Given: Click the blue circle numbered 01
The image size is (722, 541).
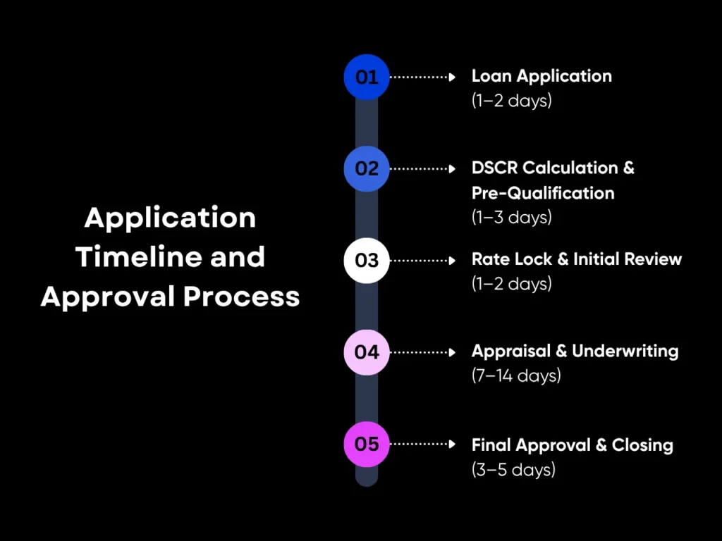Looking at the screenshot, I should tap(367, 77).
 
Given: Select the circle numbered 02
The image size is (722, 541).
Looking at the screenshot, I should tap(367, 168).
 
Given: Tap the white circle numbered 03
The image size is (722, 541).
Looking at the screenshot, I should tap(367, 260).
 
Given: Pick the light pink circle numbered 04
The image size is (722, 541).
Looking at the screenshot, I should tap(367, 352).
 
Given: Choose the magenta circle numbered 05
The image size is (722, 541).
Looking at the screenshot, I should tap(367, 444).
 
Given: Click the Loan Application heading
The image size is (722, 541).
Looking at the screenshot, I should tap(541, 76).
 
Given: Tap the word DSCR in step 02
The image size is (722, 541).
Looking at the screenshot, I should tap(494, 168).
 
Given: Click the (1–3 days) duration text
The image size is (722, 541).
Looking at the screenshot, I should tap(511, 217).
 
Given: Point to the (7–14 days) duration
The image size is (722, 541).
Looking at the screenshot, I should tap(516, 375).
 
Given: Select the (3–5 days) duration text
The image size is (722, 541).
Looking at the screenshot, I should tap(513, 468).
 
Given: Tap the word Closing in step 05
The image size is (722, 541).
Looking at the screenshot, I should tap(642, 445).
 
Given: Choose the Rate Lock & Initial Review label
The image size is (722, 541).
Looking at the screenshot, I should tap(576, 259).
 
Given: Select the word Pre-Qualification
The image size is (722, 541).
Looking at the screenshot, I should tap(543, 193).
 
